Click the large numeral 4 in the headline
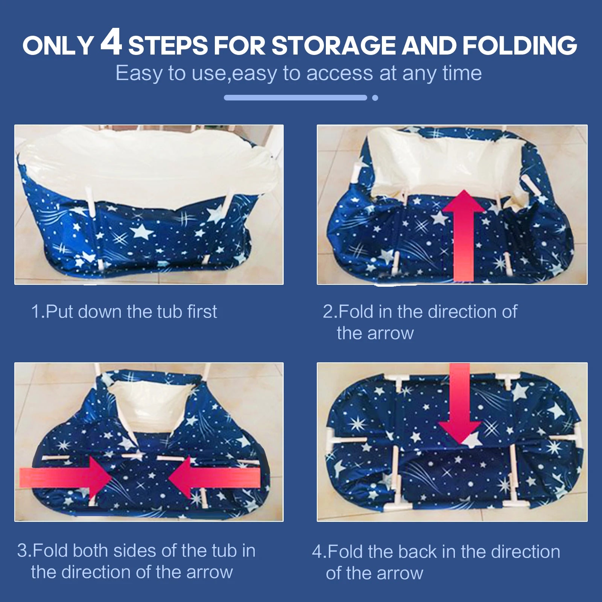click(x=111, y=42)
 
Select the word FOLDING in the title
click(x=520, y=46)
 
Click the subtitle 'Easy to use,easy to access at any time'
click(x=298, y=73)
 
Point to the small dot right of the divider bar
click(x=375, y=98)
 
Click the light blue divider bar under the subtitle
click(x=295, y=98)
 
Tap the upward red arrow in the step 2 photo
click(x=464, y=235)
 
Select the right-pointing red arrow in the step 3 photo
click(x=66, y=478)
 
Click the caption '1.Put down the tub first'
click(x=124, y=312)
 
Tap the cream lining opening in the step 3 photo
click(x=150, y=406)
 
